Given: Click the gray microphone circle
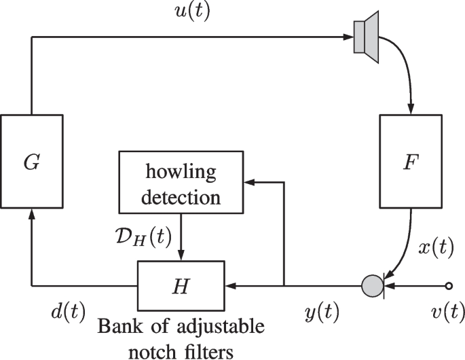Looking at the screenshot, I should pos(373,283).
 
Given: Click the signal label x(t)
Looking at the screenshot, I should pos(434,247).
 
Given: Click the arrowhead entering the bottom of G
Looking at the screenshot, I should pos(31,214).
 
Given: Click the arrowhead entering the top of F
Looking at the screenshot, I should pos(409,109).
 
